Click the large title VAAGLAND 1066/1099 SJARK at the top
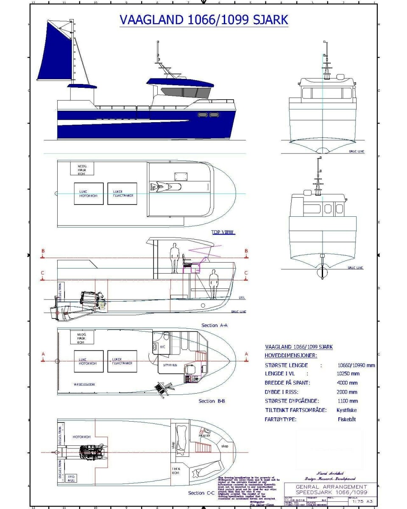click(x=204, y=20)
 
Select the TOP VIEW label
click(x=223, y=232)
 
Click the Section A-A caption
click(x=215, y=325)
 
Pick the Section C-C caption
click(x=202, y=493)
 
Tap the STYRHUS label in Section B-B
click(x=170, y=364)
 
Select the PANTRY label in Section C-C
click(x=205, y=436)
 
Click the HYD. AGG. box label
click(x=71, y=479)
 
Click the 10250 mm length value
click(x=348, y=374)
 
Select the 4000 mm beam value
click(x=347, y=383)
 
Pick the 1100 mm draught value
click(x=347, y=401)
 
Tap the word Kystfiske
click(x=346, y=410)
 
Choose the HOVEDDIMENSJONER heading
click(x=291, y=355)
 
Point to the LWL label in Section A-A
click(x=242, y=297)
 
